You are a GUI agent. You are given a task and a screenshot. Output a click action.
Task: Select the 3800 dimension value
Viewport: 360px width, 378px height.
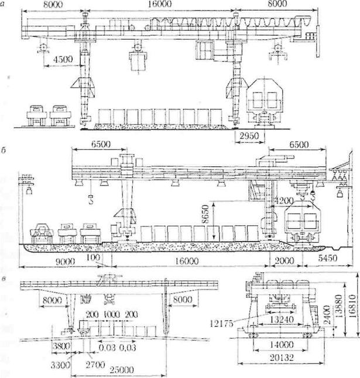tap(43, 347)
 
